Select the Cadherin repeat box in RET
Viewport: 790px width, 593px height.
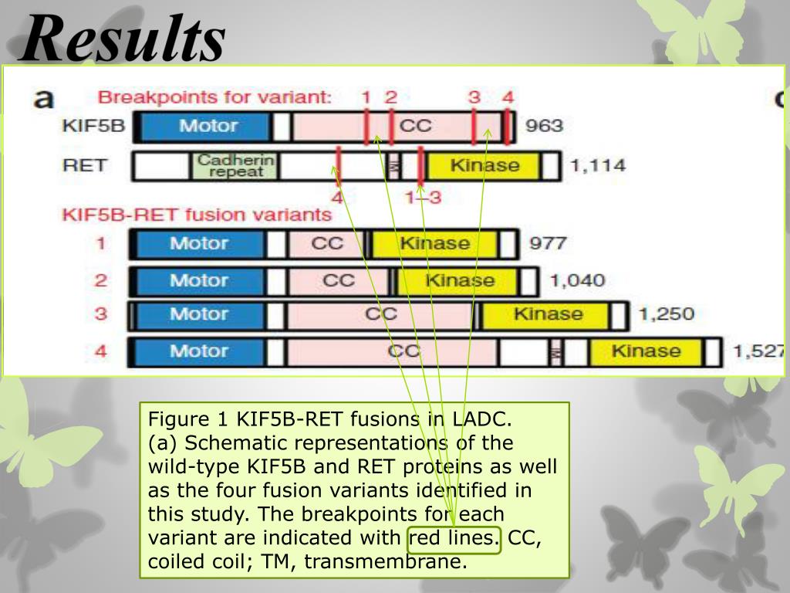[235, 166]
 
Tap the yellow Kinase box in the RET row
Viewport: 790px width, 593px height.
[484, 166]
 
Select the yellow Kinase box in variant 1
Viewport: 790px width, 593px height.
[434, 244]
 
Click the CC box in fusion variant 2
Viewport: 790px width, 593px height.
[338, 280]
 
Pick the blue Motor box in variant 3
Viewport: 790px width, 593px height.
[198, 314]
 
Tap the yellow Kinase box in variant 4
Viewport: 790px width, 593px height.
[645, 351]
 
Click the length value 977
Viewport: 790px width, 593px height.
[547, 244]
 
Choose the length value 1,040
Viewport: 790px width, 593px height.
[576, 280]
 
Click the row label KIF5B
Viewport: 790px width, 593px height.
[93, 127]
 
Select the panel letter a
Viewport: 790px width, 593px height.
[45, 101]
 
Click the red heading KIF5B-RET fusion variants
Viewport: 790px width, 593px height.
[197, 215]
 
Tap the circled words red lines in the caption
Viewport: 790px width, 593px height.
[454, 537]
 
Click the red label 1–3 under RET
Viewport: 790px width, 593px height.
[423, 198]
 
